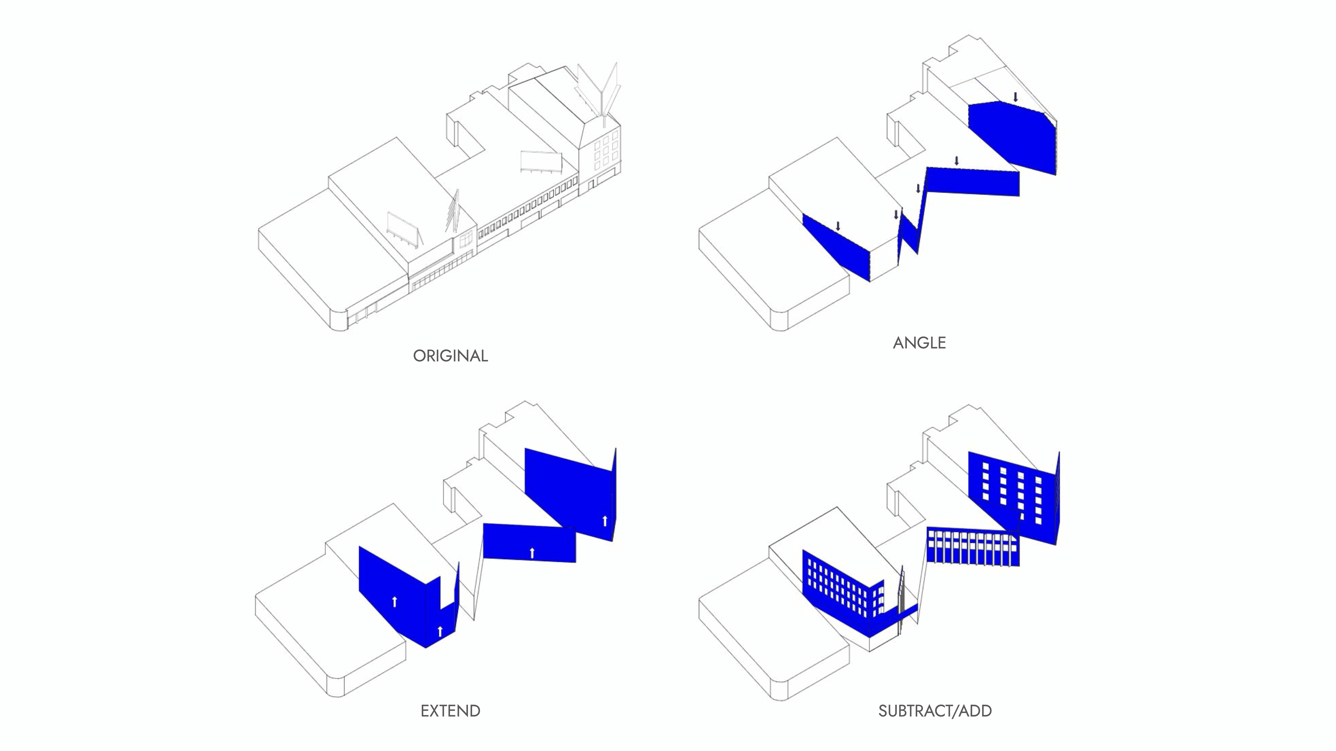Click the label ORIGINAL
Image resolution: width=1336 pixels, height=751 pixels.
(450, 356)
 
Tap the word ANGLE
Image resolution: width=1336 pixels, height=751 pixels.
(919, 343)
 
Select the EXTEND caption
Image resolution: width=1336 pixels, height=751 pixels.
(450, 711)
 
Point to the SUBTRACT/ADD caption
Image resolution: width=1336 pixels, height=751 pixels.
(935, 711)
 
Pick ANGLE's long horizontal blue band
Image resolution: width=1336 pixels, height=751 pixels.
(972, 181)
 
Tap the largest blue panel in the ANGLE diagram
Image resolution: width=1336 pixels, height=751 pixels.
(1011, 135)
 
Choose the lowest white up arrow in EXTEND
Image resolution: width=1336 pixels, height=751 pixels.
(440, 631)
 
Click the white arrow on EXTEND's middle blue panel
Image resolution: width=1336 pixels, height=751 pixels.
(532, 553)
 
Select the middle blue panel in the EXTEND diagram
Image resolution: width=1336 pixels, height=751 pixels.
(529, 542)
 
